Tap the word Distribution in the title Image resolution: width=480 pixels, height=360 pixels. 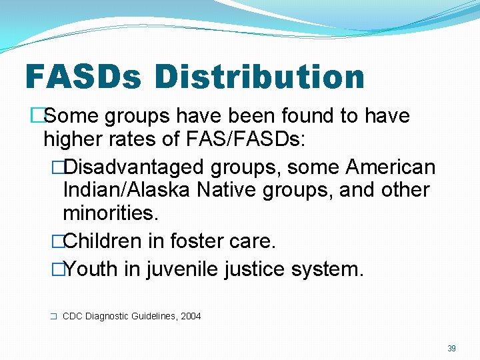pos(259,77)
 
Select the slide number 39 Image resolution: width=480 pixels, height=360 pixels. pos(451,348)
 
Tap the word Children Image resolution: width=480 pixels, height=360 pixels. pos(103,241)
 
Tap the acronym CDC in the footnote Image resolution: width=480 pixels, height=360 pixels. pos(72,316)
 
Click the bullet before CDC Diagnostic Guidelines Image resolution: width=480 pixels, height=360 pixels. pos(53,317)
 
